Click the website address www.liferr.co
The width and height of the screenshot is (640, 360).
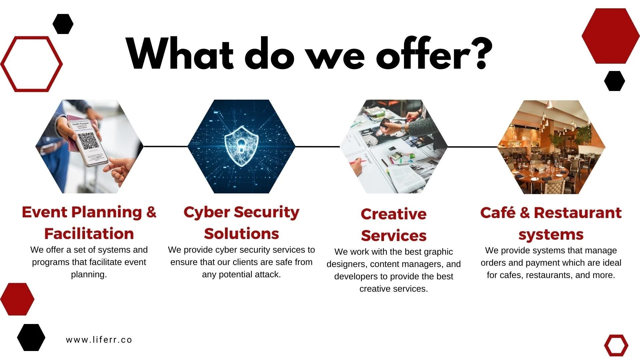point(99,340)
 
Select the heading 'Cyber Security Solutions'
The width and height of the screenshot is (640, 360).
point(241,223)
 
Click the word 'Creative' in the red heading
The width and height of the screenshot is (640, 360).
point(393,214)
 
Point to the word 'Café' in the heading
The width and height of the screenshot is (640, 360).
point(498,212)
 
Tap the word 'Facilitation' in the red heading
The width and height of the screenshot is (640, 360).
point(89,233)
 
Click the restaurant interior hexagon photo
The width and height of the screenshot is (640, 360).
point(551,147)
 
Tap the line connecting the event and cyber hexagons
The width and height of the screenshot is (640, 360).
point(166,146)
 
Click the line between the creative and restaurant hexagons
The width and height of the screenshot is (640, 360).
point(472,147)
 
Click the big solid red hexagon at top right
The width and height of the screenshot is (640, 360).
point(606,36)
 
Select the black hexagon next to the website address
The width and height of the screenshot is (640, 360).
point(31,337)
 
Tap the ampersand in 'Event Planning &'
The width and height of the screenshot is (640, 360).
point(151,212)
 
